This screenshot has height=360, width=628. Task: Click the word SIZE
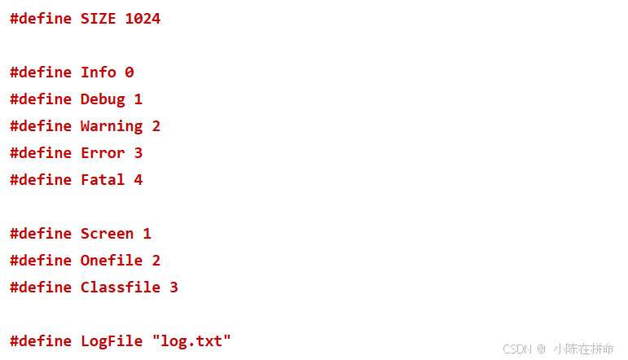pyautogui.click(x=98, y=19)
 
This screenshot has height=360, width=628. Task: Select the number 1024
pyautogui.click(x=143, y=19)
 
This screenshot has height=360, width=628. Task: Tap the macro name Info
pyautogui.click(x=98, y=72)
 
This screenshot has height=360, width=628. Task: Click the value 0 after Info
pyautogui.click(x=129, y=72)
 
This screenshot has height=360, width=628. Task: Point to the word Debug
pyautogui.click(x=103, y=99)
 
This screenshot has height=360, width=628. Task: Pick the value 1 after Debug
pyautogui.click(x=138, y=99)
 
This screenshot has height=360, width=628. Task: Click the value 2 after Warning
pyautogui.click(x=156, y=126)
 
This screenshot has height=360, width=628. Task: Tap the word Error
pyautogui.click(x=103, y=153)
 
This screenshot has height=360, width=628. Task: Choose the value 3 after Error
pyautogui.click(x=138, y=153)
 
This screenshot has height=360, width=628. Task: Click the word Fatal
pyautogui.click(x=103, y=180)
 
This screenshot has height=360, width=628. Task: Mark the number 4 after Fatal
pyautogui.click(x=138, y=180)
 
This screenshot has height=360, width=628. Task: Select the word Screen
pyautogui.click(x=107, y=234)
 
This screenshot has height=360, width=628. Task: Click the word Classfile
pyautogui.click(x=121, y=288)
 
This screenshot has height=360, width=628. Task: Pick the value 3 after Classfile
pyautogui.click(x=173, y=288)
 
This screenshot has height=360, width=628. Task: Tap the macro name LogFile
pyautogui.click(x=112, y=341)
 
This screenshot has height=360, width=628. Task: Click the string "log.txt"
pyautogui.click(x=191, y=341)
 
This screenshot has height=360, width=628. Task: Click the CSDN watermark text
pyautogui.click(x=517, y=349)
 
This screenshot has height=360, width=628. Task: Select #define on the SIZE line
pyautogui.click(x=41, y=19)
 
